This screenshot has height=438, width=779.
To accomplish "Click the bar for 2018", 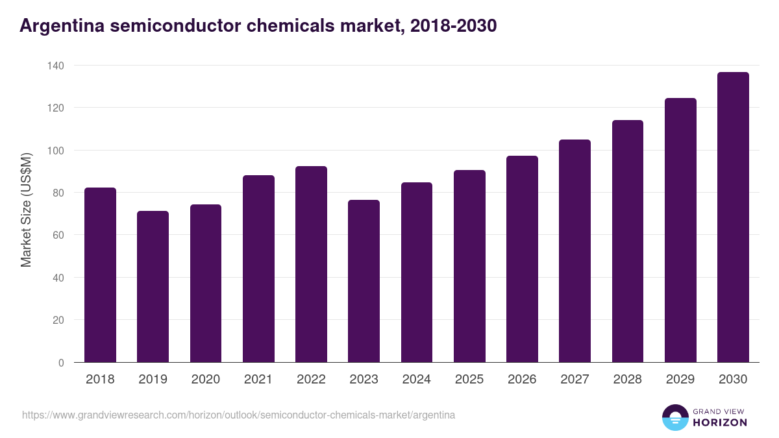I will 100,275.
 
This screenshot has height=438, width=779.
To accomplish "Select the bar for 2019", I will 153,287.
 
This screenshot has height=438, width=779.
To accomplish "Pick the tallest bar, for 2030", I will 733,217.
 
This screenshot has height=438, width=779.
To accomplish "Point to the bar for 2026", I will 522,259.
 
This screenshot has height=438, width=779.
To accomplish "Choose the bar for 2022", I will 311,264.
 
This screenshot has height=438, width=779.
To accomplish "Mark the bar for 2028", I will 627,241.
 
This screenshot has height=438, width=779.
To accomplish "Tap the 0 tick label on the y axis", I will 61,363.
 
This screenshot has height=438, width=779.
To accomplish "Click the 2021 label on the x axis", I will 258,380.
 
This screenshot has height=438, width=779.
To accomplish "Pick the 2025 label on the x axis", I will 469,380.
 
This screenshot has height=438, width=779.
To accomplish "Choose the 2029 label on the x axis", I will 680,380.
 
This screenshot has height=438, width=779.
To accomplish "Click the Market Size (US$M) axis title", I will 26,210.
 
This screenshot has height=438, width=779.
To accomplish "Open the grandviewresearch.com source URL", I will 238,415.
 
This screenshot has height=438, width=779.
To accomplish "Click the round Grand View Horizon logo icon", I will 674,417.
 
